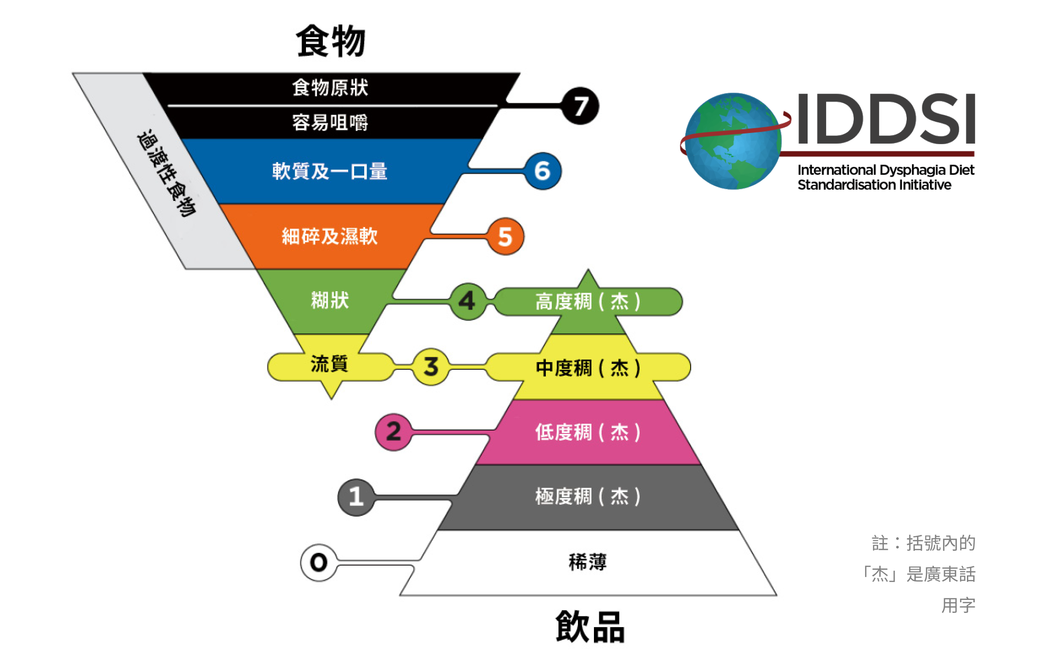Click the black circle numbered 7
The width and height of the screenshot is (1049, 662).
[x=580, y=106]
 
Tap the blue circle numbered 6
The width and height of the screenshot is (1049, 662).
[x=543, y=171]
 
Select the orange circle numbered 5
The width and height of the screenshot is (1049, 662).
[x=506, y=236]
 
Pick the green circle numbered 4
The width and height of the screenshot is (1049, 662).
[x=468, y=301]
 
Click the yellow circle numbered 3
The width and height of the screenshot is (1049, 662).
[x=431, y=366]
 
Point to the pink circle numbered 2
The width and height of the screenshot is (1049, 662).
[x=394, y=431]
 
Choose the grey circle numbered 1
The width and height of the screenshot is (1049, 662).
[x=356, y=497]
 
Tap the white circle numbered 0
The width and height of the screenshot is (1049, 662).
[x=319, y=563]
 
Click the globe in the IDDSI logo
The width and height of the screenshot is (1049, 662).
[x=733, y=141]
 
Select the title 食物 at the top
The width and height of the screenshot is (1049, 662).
[x=331, y=41]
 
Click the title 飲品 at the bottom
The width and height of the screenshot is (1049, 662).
[x=590, y=627]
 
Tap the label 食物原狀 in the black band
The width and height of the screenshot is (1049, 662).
[x=330, y=88]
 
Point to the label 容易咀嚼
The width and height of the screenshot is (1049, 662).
[x=330, y=122]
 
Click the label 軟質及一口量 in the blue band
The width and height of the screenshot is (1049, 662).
[x=330, y=171]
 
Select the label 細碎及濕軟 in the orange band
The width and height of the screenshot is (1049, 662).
[x=330, y=236]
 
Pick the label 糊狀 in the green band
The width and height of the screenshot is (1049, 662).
[x=330, y=300]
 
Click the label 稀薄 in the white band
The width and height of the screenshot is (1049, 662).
[x=588, y=562]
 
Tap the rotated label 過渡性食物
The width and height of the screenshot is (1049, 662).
[x=166, y=173]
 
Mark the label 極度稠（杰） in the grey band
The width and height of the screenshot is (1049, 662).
[x=588, y=496]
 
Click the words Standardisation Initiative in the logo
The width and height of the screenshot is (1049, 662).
[x=874, y=185]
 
